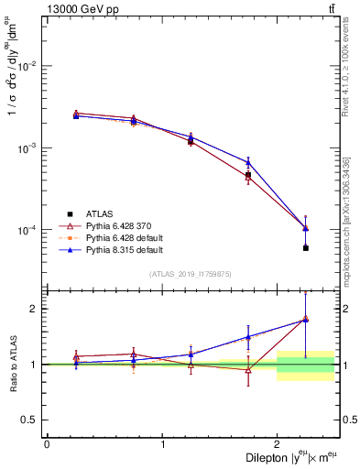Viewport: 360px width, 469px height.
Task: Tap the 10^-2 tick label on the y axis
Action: click(28, 66)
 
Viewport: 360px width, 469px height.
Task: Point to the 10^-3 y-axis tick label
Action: click(28, 147)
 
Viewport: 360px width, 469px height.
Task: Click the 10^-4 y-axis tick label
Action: click(28, 229)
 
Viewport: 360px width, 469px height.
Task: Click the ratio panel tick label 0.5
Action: click(32, 420)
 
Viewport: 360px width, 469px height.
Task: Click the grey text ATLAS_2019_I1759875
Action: click(191, 273)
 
